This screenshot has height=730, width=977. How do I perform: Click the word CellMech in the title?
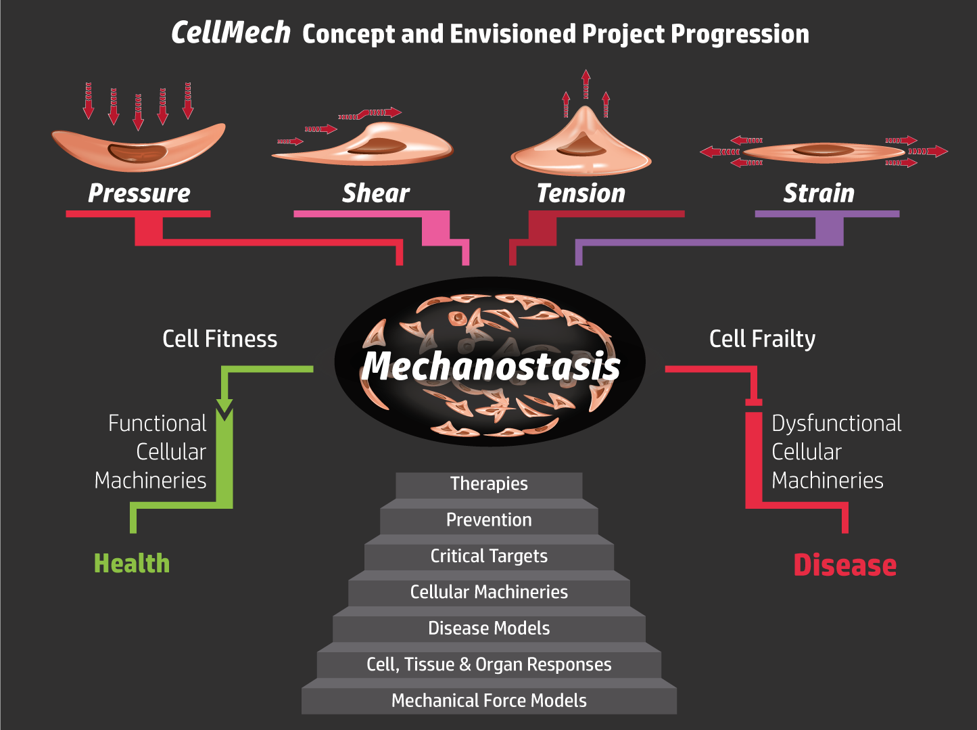[x=231, y=32]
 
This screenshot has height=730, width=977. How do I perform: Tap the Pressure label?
[x=139, y=193]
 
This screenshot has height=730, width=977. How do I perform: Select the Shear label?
[x=376, y=193]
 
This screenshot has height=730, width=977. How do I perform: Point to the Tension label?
[x=581, y=193]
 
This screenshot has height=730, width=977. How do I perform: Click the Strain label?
[x=819, y=193]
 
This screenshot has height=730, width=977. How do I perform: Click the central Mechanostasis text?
[x=490, y=366]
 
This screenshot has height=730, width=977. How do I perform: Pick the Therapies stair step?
[x=489, y=484]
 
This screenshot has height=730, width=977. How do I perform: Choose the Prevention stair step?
[x=489, y=520]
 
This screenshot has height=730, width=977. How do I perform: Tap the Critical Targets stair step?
[x=489, y=556]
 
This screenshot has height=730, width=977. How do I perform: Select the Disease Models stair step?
[x=489, y=628]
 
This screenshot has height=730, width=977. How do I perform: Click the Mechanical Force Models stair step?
[x=489, y=700]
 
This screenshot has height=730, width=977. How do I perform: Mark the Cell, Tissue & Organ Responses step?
[x=489, y=664]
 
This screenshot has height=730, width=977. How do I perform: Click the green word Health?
[x=132, y=564]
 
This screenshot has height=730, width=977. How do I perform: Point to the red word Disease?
[x=844, y=565]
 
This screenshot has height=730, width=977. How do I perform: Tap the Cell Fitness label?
[x=220, y=339]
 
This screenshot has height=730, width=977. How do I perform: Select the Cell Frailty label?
[x=762, y=339]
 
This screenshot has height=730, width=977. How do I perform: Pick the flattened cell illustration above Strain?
[x=823, y=152]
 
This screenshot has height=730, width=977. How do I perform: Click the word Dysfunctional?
[x=836, y=424]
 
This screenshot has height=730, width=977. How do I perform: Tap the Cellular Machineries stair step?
[x=489, y=592]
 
